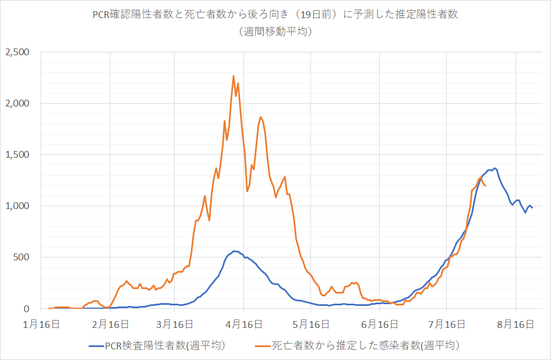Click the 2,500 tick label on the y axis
17,52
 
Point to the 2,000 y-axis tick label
17,104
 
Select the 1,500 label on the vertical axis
17,155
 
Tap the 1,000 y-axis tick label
17,206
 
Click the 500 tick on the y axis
23,257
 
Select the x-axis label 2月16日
110,324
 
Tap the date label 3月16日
175,324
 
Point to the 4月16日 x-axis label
244,324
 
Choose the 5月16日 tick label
311,324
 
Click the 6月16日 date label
379,324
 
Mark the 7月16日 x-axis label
446,324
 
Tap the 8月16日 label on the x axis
516,324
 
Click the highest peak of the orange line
233,75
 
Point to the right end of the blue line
532,208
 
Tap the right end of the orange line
486,185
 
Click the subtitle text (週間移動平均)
275,32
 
